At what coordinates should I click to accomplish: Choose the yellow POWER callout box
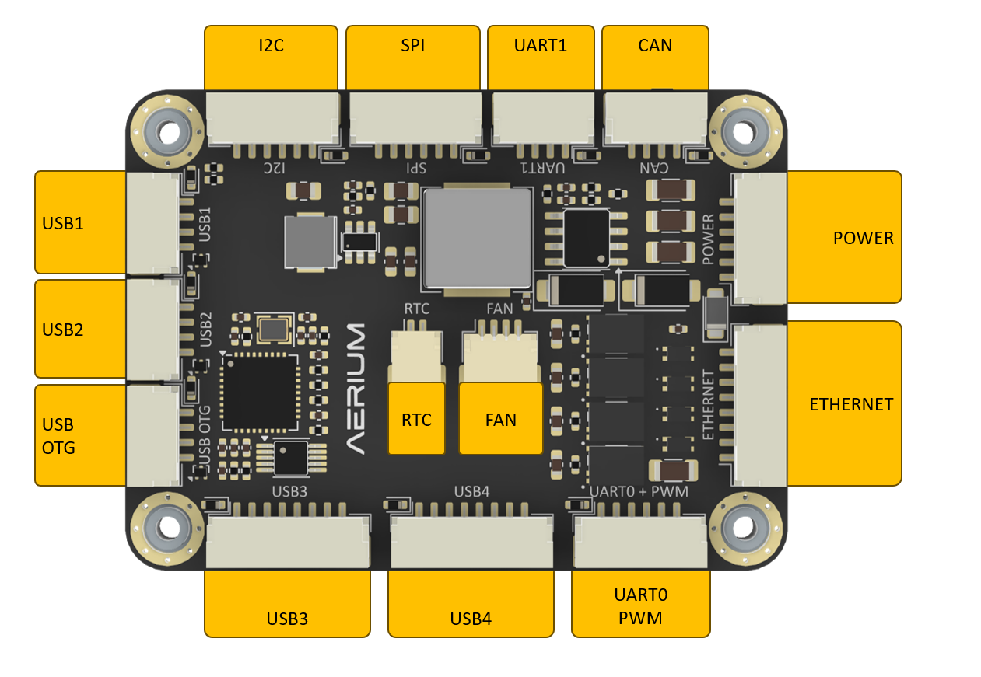pos(845,237)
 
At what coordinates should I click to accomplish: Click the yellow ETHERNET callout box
pos(845,403)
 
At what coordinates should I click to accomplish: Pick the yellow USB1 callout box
pos(81,222)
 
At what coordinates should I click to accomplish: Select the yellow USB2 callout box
pos(81,329)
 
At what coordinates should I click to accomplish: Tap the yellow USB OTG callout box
pos(81,435)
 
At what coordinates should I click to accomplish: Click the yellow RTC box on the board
pos(416,419)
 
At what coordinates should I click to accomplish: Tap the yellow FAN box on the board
pos(500,419)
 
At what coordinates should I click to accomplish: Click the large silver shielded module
pos(475,237)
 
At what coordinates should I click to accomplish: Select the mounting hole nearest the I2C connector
pos(167,130)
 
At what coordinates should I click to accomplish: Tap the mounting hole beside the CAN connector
pos(745,131)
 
